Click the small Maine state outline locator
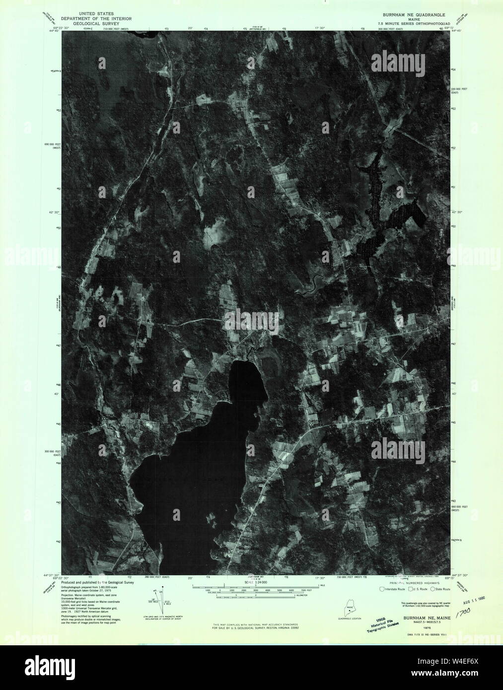[x=350, y=606]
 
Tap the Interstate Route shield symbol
[x=382, y=589]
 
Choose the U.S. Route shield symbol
[x=408, y=589]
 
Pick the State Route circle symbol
[x=433, y=589]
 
